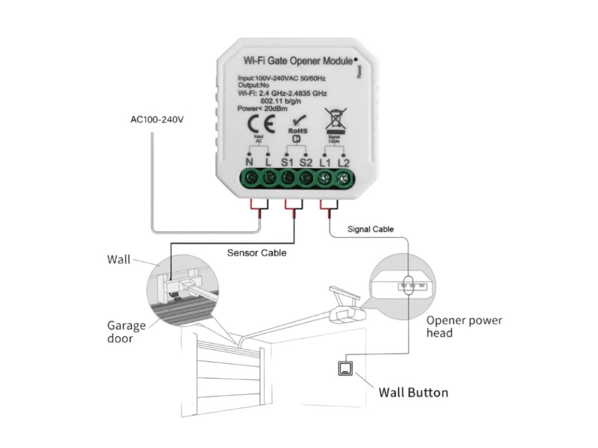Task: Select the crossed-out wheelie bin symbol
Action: click(335, 120)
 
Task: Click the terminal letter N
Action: click(249, 162)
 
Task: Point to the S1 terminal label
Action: click(287, 162)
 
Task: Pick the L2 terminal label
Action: click(344, 162)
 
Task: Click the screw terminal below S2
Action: click(306, 177)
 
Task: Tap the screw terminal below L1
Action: click(325, 177)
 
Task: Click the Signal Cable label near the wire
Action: click(370, 229)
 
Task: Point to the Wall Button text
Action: click(413, 392)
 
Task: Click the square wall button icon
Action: click(346, 368)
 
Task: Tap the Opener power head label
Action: click(464, 326)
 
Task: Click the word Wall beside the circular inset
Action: click(119, 259)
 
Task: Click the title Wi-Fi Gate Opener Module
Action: click(297, 61)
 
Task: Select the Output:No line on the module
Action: click(253, 85)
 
